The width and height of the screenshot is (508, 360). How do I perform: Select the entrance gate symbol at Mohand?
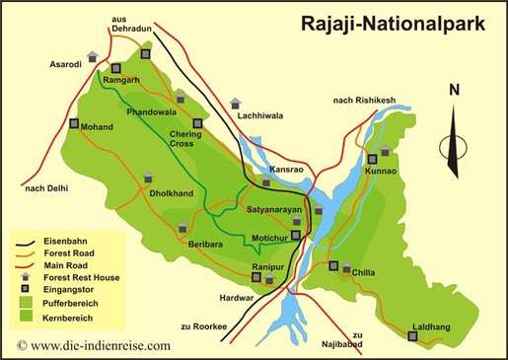point(75,124)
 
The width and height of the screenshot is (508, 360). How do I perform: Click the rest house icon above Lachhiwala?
point(235,103)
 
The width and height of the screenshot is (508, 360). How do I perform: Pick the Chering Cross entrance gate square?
point(197,123)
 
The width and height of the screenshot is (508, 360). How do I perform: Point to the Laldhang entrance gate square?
point(412,337)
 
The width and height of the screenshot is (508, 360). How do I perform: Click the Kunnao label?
point(381,171)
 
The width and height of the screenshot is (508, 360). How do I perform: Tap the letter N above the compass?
point(454,91)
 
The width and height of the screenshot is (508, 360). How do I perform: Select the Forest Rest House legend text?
point(81,277)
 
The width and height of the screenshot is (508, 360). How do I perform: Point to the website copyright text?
point(94,345)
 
